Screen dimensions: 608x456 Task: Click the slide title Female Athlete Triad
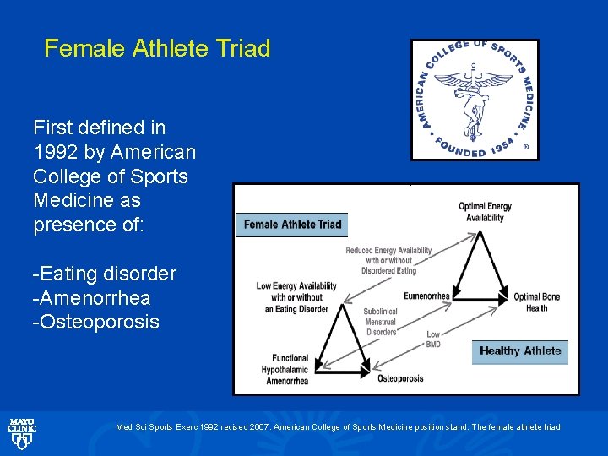pos(157,49)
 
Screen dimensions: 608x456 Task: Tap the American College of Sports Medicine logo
pos(475,100)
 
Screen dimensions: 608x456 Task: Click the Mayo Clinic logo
pos(21,433)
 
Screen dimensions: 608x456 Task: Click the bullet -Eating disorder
pos(104,274)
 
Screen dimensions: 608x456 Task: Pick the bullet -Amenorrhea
pos(91,298)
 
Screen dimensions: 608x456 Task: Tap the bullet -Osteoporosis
pos(95,323)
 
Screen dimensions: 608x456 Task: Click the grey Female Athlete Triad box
pos(292,225)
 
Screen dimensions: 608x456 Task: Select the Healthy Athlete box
pos(519,351)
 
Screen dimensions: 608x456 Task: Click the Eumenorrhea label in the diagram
pos(427,296)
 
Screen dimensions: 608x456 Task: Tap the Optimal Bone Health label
pos(538,302)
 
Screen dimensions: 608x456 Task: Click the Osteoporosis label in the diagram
pos(400,379)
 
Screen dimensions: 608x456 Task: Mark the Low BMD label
pos(433,340)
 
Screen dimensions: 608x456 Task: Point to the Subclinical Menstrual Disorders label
pos(380,322)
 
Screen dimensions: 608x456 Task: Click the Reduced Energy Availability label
pos(388,260)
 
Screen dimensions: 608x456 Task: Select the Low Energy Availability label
pos(296,297)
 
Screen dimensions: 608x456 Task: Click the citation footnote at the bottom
pos(338,427)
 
